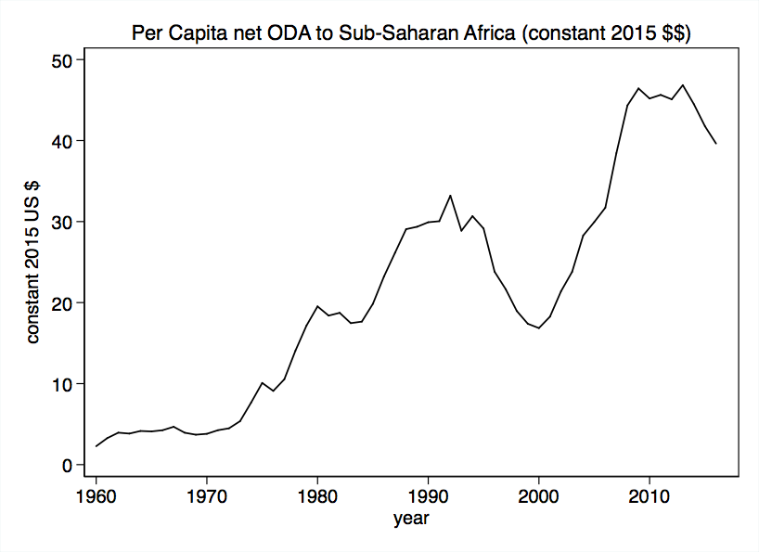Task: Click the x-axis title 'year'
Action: [x=410, y=520]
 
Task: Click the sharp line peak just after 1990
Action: [x=450, y=196]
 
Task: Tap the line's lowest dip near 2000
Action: [x=539, y=327]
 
